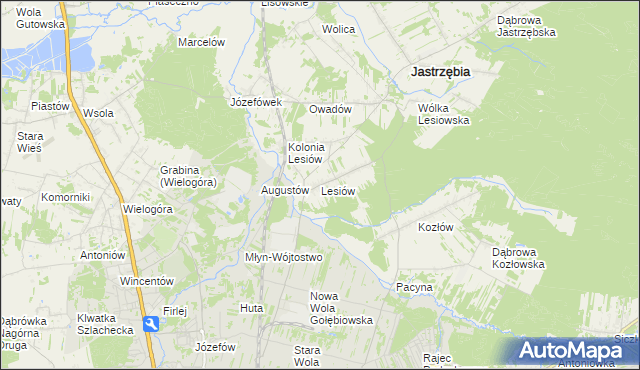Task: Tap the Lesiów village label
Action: click(x=338, y=190)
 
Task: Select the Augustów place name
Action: click(x=283, y=190)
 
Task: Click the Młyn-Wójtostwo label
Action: click(x=284, y=257)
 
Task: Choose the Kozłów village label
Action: click(x=435, y=227)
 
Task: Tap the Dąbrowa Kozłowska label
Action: click(x=517, y=258)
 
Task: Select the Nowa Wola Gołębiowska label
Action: click(x=341, y=308)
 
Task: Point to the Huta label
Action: click(x=251, y=308)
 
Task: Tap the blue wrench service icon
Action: click(x=150, y=324)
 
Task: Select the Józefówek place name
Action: click(x=257, y=102)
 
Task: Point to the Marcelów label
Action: click(x=201, y=42)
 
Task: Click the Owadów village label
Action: click(x=330, y=109)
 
